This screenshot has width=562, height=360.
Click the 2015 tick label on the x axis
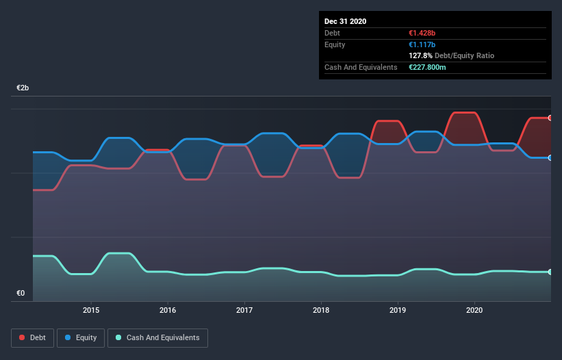point(91,310)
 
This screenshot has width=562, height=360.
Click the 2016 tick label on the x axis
point(168,310)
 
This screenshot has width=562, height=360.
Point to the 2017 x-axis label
point(244,310)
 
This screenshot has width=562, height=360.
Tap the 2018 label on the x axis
point(321,310)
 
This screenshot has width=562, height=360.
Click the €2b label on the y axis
point(23,88)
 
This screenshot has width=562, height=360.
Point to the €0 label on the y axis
point(21,294)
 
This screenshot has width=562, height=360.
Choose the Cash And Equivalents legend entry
point(157,337)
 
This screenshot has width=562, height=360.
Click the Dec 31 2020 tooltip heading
point(345,21)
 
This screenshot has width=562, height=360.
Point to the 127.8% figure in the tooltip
point(420,55)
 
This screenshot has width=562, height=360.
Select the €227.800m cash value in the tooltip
point(431,67)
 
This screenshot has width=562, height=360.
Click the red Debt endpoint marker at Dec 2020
point(550,118)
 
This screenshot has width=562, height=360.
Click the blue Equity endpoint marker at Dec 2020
point(550,157)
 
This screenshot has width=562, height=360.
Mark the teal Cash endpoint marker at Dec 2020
point(550,272)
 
